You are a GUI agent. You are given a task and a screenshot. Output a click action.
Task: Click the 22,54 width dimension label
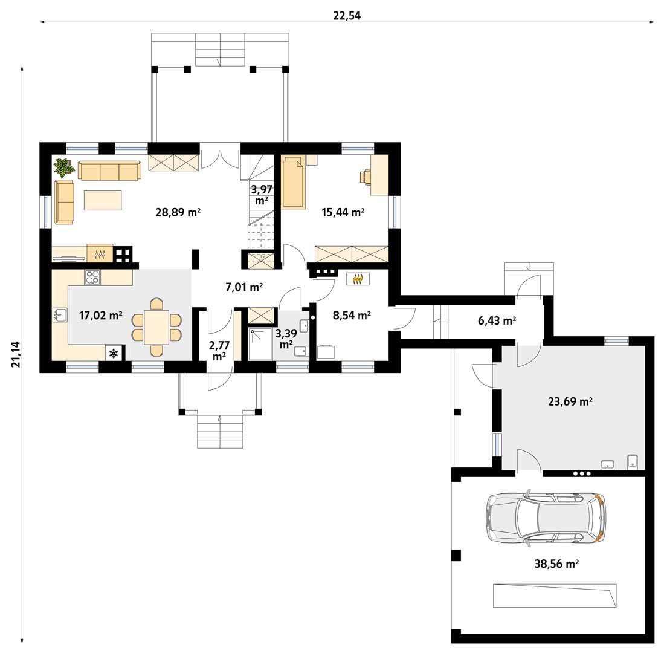pos(347,16)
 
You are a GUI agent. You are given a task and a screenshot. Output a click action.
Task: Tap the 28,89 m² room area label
pos(178,212)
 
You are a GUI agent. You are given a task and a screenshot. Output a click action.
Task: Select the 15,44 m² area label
pos(343,212)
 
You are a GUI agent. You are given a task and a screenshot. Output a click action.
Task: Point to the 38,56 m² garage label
pos(556,564)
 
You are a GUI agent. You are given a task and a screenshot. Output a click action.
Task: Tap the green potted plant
pos(63,167)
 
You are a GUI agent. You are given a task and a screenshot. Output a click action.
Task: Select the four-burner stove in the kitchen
pos(92,277)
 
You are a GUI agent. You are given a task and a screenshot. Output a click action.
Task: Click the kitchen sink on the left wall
pos(60,315)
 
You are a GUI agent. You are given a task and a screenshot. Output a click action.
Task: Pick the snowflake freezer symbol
pos(114,353)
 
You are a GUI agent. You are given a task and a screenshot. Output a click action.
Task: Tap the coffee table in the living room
pos(103,200)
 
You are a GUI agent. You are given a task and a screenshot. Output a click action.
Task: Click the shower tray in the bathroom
pos(260,344)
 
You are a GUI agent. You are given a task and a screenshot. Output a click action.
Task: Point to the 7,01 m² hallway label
pos(244,287)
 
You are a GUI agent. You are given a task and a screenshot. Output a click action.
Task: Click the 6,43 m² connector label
pos(497,321)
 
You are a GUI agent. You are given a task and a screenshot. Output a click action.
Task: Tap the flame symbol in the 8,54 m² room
pos(358,278)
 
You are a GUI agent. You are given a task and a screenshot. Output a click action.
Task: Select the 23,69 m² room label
pos(570,401)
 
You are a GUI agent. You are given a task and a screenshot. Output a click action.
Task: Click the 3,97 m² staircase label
pos(261,195)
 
